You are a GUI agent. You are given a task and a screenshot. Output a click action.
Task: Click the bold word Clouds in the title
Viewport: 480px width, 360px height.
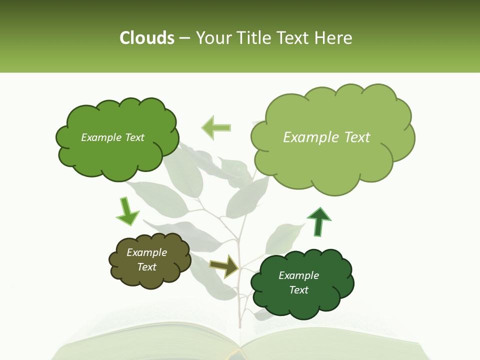[x=146, y=38]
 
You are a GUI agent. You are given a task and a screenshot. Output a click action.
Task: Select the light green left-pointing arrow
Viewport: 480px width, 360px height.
[x=216, y=127]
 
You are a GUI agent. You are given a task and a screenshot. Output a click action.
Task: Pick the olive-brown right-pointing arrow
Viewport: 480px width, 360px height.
[x=224, y=266]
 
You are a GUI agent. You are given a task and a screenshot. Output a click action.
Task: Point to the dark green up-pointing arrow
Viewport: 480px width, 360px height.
[x=318, y=221]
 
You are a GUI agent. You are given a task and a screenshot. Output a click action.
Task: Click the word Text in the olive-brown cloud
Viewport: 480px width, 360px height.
[x=147, y=267]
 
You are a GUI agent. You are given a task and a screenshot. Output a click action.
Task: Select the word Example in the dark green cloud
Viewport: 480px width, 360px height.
[x=298, y=275]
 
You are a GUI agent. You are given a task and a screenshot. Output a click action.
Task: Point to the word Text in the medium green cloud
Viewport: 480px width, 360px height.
[x=134, y=137]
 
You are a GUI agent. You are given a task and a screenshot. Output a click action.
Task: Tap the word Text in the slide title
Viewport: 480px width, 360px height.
[x=293, y=38]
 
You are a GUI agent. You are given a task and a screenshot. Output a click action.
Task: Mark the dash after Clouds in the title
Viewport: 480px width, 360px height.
[x=184, y=38]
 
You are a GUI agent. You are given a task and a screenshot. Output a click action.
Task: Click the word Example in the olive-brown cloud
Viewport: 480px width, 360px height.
[x=147, y=252]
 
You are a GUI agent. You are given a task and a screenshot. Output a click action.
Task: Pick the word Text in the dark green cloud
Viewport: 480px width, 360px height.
[x=298, y=290]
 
